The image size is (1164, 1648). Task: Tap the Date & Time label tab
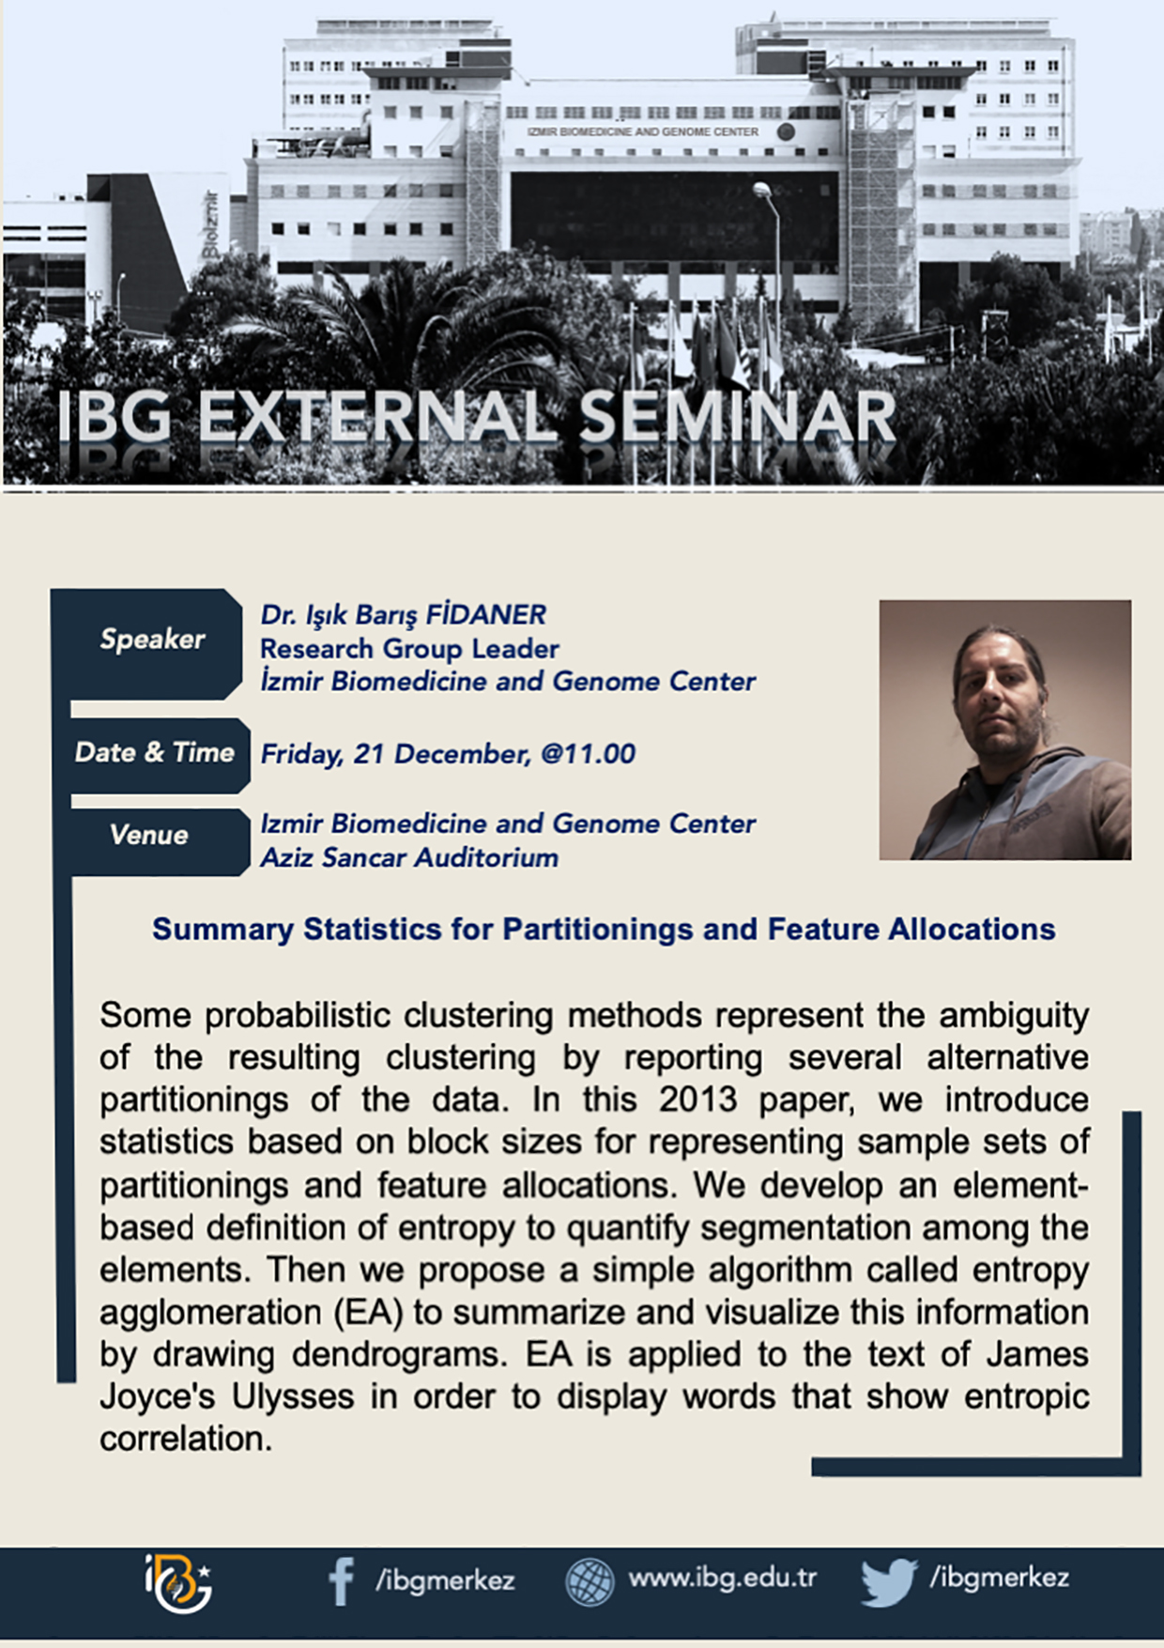pos(156,753)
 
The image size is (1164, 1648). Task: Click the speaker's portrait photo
pos(1005,730)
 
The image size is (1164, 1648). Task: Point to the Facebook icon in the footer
pos(341,1581)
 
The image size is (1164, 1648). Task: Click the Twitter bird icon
pos(888,1582)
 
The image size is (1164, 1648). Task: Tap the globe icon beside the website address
pos(590,1581)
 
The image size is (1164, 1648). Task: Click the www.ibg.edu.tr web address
pos(723,1578)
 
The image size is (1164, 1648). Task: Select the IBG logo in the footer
pos(178,1583)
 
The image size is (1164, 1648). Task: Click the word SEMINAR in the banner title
pos(738,417)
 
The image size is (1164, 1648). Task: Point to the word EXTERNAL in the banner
pos(376,417)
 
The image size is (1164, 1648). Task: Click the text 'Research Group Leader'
pos(409,649)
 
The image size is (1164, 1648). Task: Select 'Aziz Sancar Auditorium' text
pos(409,857)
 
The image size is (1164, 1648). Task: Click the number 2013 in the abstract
pos(697,1100)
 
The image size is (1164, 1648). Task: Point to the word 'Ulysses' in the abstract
pos(293,1397)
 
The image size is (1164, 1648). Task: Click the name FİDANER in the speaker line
pos(486,615)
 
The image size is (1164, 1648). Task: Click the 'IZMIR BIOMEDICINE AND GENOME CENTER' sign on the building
pos(643,132)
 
